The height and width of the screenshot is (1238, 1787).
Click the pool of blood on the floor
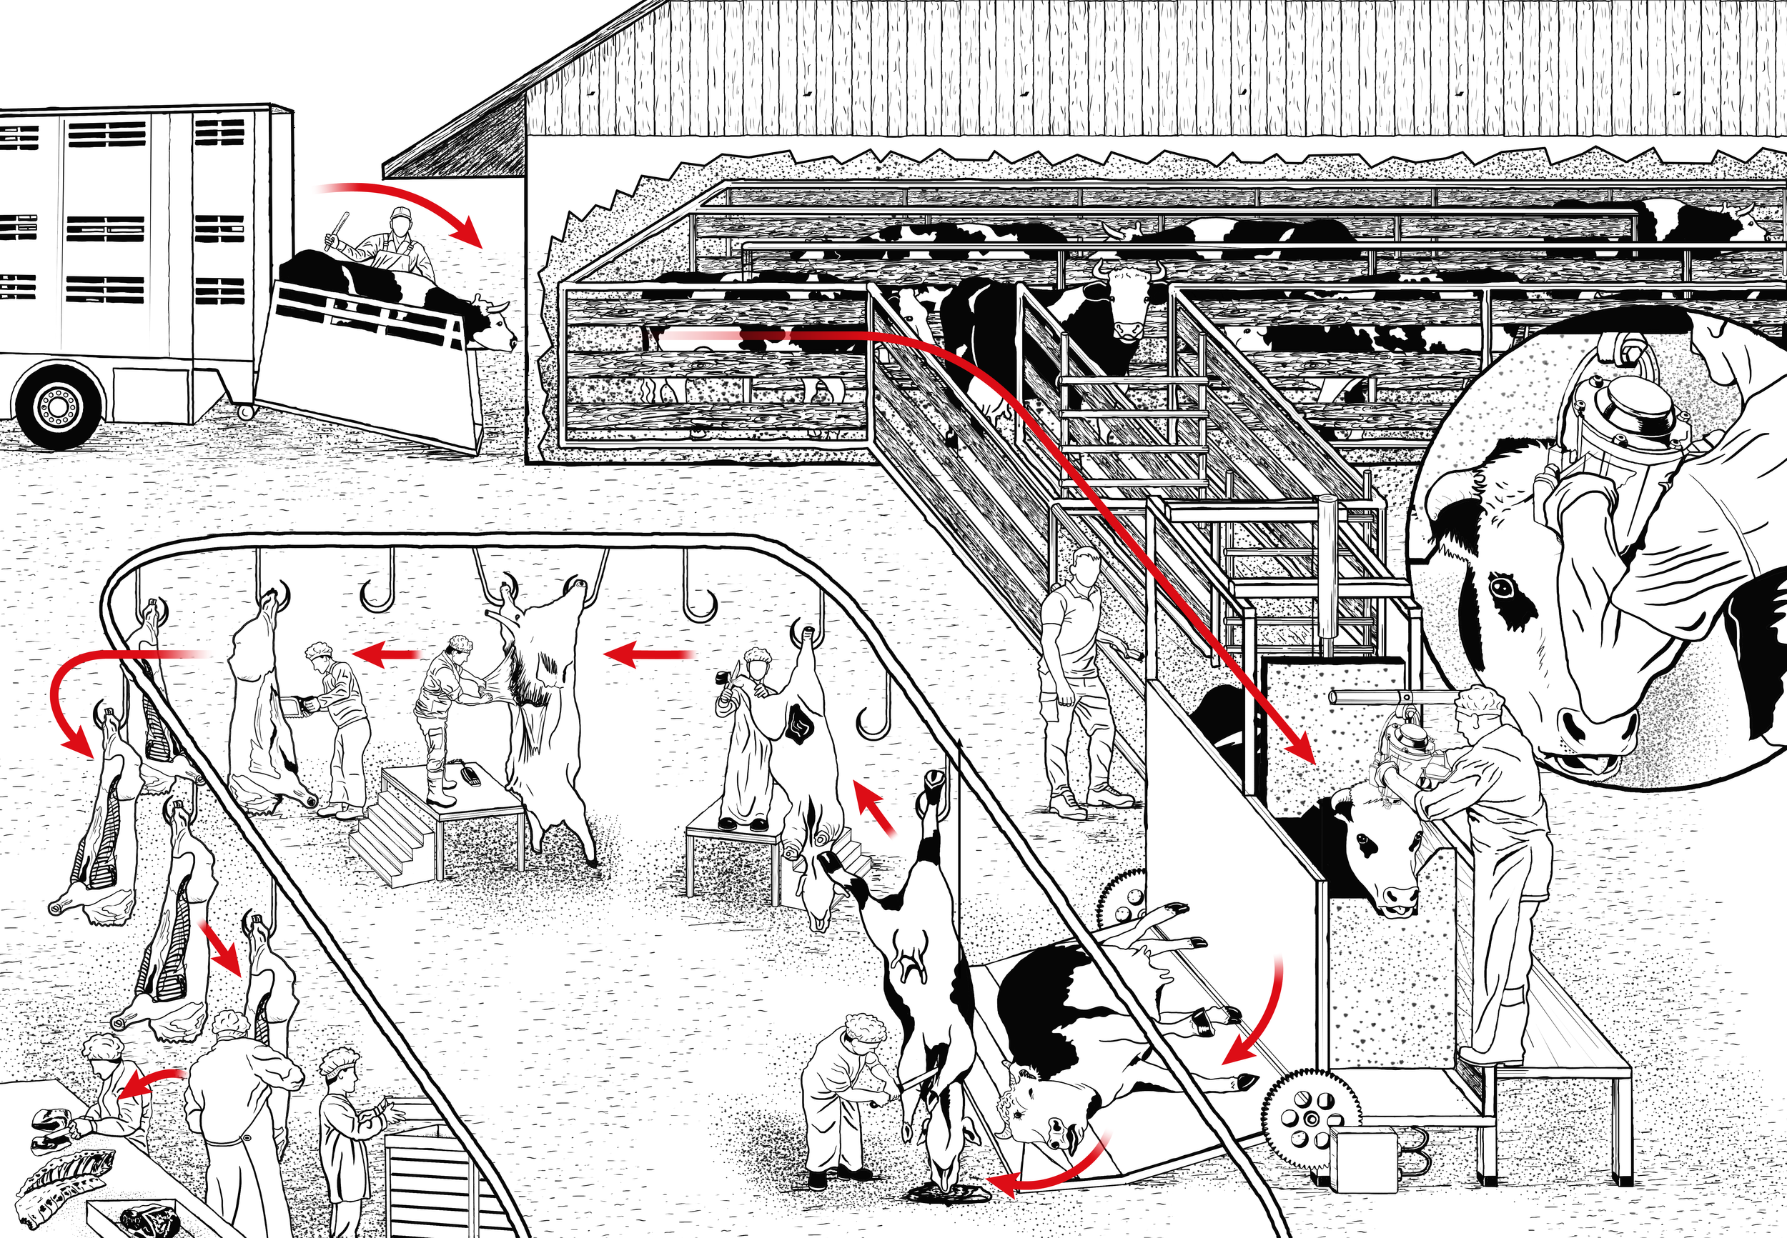point(951,1193)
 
